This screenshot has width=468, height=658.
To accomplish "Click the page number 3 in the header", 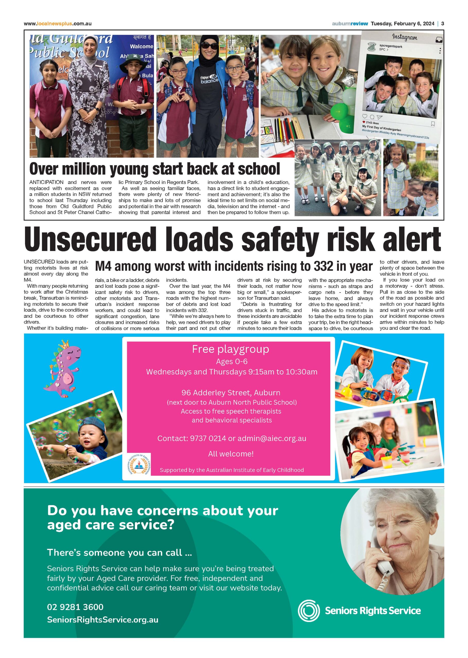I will pos(442,24).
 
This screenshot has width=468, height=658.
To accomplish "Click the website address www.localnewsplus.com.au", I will pos(58,24).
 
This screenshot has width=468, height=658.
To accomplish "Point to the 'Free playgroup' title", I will pos(231,349).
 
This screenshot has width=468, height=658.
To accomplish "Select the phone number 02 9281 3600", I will pos(75,607).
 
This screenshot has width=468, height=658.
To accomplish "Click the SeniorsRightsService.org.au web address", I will pos(103,620).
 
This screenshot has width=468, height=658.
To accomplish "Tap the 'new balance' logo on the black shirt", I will pos(209,79).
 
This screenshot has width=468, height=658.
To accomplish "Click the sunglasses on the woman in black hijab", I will pos(209,45).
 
